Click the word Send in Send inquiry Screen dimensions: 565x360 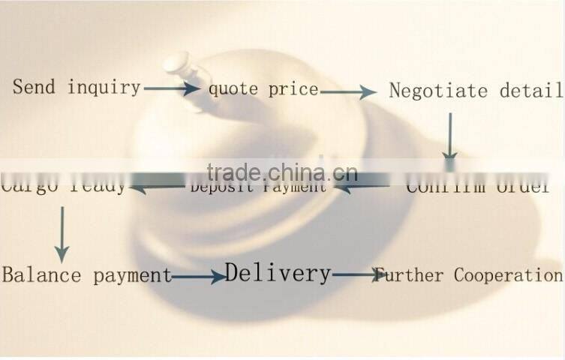coord(34,87)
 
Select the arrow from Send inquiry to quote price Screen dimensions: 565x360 coord(172,88)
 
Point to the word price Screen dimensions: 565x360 coord(293,90)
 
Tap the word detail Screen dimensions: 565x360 coord(534,91)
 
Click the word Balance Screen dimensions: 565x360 coord(41,274)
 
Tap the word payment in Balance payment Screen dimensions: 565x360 coord(133,275)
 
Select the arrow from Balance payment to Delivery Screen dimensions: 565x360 coord(198,277)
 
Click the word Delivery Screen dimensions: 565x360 coord(278,273)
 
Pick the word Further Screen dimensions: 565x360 coord(410,274)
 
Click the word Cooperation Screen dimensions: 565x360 coord(508,274)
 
